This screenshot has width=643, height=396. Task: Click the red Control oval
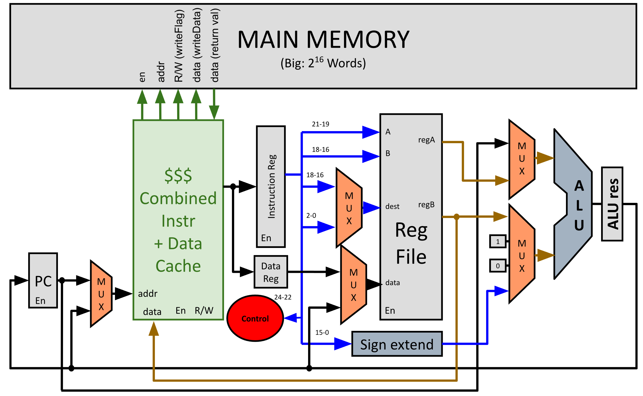255,318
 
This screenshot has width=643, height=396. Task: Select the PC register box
43,280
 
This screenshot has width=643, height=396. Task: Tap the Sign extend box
397,344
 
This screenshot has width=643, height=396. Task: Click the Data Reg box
271,272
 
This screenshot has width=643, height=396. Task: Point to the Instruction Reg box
271,186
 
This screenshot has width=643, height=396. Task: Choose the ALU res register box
612,204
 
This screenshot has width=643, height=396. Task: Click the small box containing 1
498,241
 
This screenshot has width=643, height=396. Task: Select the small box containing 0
498,266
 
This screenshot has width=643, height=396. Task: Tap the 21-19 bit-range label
320,124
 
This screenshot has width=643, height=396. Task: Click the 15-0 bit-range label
322,332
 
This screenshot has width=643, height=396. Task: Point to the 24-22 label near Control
283,297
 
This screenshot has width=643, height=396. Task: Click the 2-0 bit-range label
311,215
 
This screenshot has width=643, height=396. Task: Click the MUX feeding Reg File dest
349,208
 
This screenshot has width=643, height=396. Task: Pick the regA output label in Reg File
426,140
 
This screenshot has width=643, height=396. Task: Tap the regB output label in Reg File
426,205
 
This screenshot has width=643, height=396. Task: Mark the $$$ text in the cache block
178,175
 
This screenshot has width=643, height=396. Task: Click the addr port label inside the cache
147,294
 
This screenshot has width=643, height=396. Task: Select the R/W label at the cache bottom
204,311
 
